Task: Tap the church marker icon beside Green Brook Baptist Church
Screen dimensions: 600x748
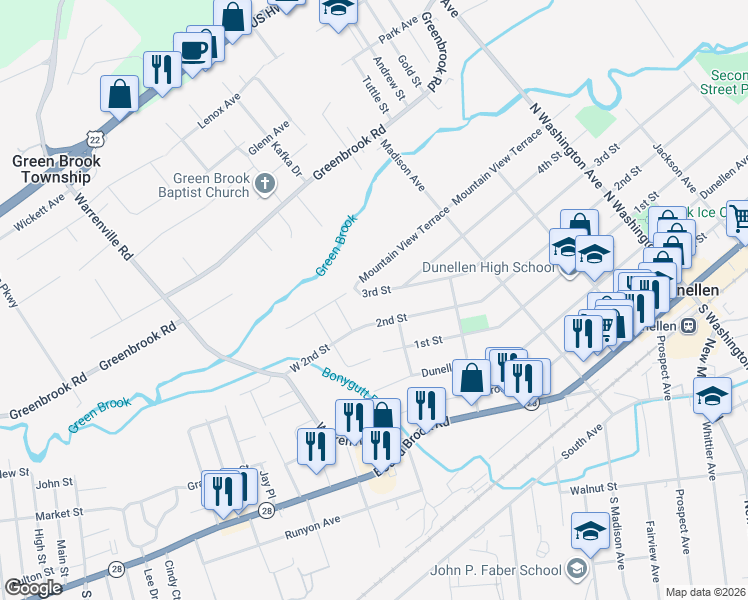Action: click(264, 183)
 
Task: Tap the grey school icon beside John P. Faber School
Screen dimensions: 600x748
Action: click(576, 570)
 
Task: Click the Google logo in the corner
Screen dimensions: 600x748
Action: click(33, 588)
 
